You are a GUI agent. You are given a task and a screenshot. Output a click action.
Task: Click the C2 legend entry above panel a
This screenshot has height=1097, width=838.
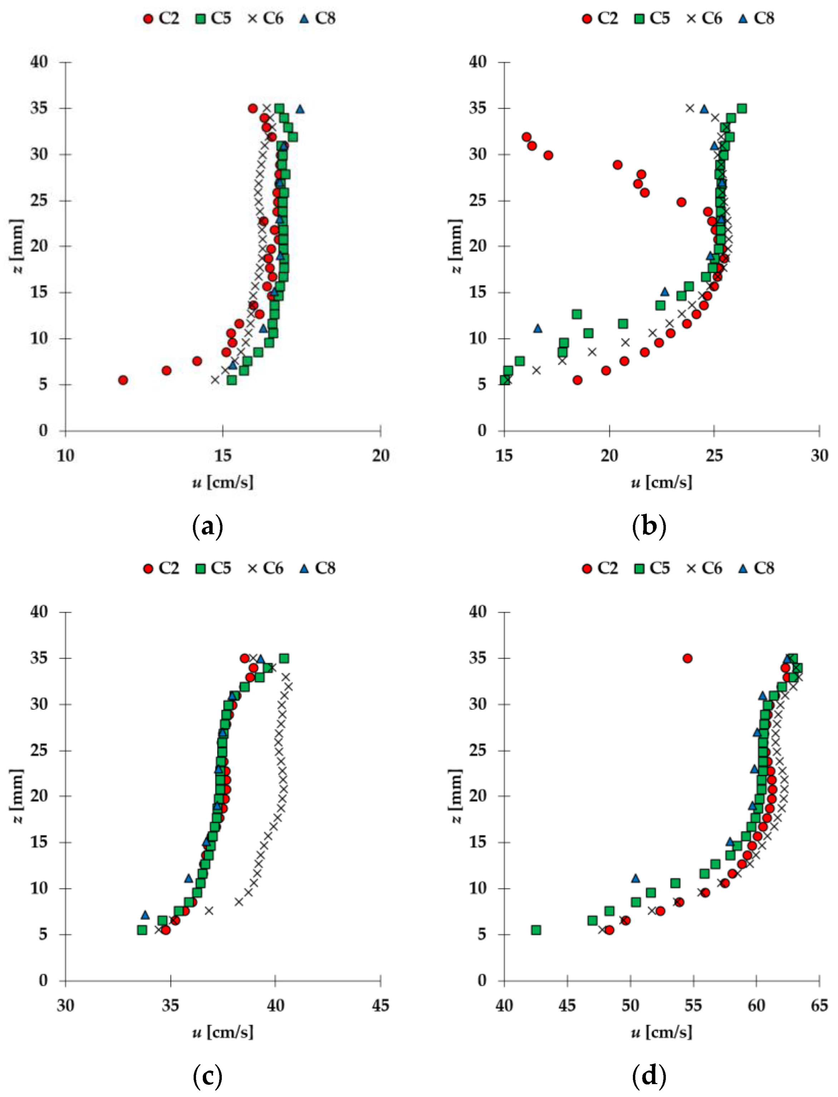(x=161, y=19)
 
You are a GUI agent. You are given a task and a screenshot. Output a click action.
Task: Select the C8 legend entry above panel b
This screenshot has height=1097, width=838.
(x=756, y=19)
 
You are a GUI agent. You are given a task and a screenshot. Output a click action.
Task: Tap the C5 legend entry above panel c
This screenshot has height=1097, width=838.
(x=213, y=568)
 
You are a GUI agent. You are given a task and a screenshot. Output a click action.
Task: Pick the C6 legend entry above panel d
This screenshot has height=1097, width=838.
(x=704, y=568)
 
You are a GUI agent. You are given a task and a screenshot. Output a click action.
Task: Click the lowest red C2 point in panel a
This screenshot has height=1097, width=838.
(x=123, y=380)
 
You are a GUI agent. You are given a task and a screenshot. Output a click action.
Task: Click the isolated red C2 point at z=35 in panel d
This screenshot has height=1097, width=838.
(x=687, y=658)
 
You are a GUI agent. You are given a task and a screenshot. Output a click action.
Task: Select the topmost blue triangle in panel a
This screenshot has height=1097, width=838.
(x=300, y=109)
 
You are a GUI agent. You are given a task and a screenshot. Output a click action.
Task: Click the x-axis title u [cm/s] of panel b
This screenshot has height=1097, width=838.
(x=661, y=482)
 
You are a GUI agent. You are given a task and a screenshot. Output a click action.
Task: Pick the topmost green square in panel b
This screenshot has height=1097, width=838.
(x=742, y=109)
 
